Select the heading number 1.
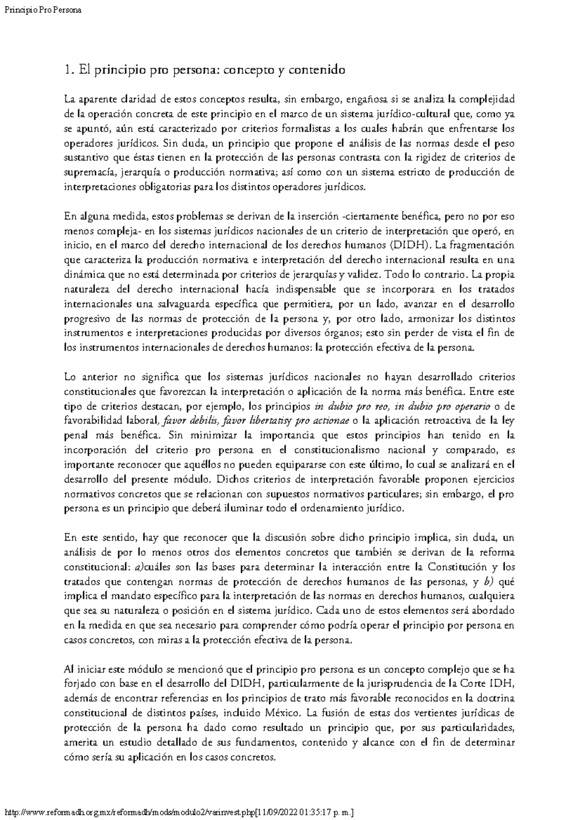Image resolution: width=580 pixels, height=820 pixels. coord(68,70)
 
